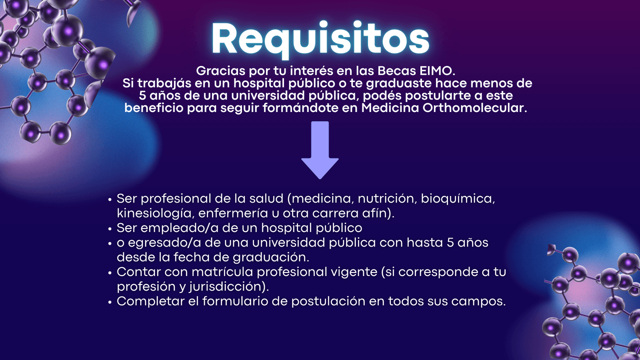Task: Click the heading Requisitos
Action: [x=320, y=40]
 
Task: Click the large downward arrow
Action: [x=320, y=150]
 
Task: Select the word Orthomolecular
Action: [x=474, y=108]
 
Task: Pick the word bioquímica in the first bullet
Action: [x=458, y=199]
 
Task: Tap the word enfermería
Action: [x=230, y=214]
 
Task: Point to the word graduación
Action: [x=271, y=257]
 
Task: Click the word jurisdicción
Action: [x=229, y=286]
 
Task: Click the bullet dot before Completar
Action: [x=110, y=302]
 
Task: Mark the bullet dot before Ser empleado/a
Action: [x=110, y=229]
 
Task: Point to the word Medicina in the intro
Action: [x=390, y=108]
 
